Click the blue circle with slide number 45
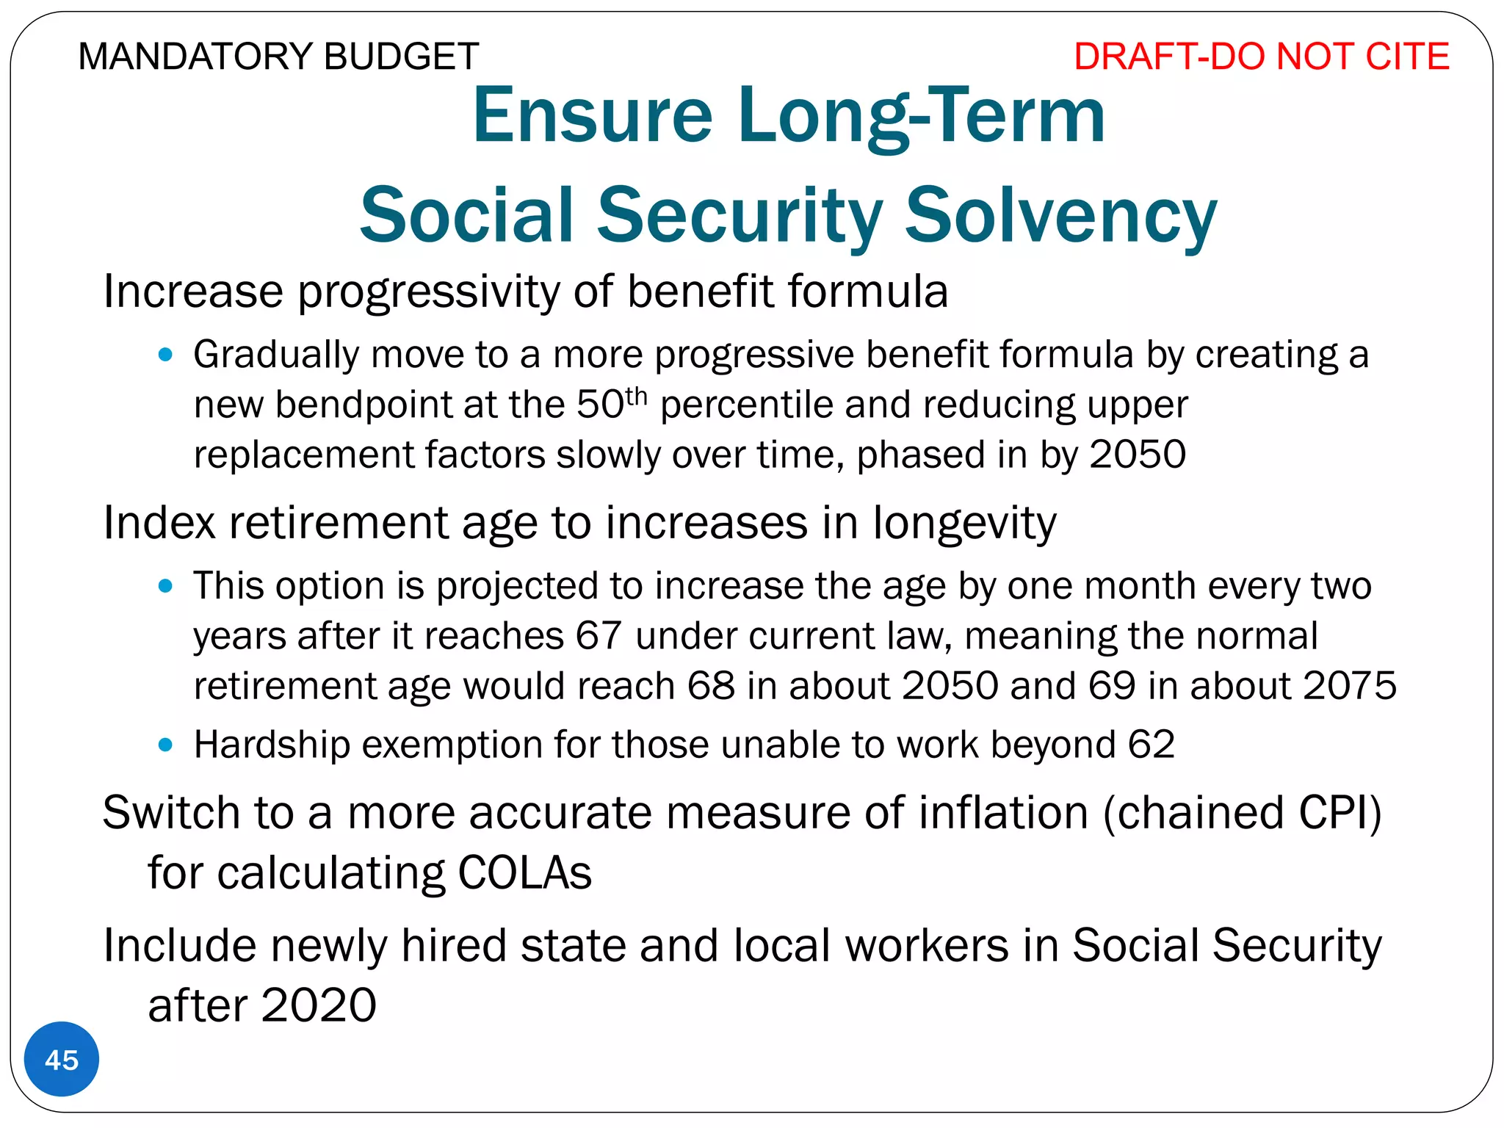[62, 1060]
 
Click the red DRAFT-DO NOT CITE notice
[1261, 57]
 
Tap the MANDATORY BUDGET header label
[278, 57]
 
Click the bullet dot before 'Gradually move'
[165, 355]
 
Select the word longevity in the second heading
[964, 523]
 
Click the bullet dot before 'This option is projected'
[165, 586]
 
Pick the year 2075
[1350, 686]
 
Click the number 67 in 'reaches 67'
[599, 636]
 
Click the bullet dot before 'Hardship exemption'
[165, 745]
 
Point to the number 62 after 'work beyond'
[1151, 745]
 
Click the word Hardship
[272, 745]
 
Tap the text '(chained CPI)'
[1242, 813]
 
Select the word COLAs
[524, 873]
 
